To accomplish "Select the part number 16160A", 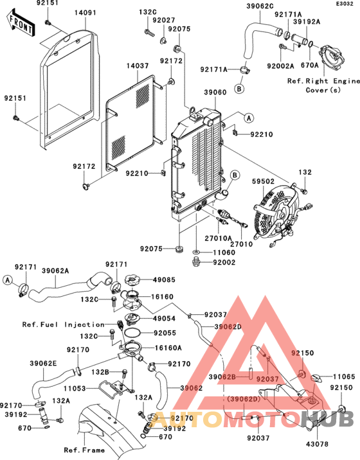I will tap(168, 347).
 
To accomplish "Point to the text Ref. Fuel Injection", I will tap(62, 324).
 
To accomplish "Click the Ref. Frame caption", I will tap(84, 450).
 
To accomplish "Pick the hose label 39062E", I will tap(43, 363).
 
